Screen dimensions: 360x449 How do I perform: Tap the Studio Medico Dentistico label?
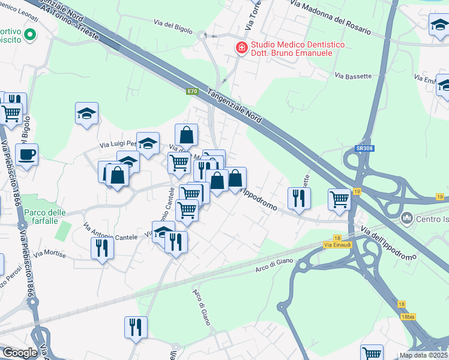(x=291, y=49)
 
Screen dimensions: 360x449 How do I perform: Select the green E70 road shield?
(x=191, y=91)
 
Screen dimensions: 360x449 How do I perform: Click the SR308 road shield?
(x=362, y=148)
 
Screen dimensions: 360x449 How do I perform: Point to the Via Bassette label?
(x=354, y=76)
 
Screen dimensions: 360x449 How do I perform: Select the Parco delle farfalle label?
(x=45, y=217)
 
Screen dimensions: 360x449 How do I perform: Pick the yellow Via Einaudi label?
(x=336, y=245)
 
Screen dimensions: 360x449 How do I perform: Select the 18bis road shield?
(x=408, y=317)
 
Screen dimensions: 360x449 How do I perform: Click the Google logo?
(x=20, y=353)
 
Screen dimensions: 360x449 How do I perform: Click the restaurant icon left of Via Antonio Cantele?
(x=101, y=247)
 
